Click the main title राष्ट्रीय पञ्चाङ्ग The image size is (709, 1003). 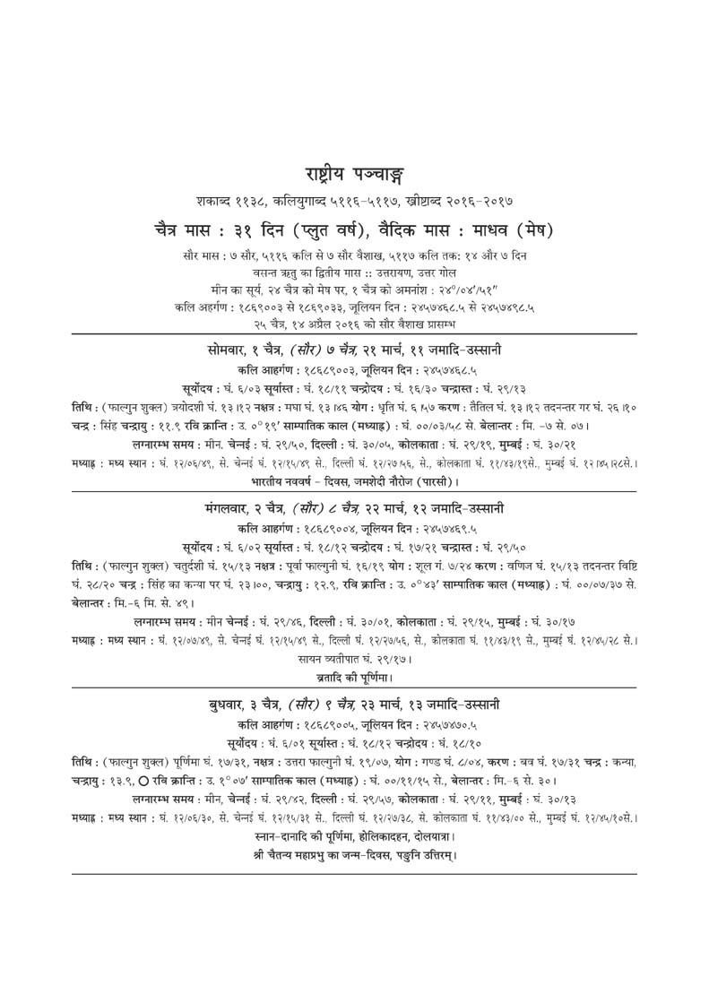[354, 174]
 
